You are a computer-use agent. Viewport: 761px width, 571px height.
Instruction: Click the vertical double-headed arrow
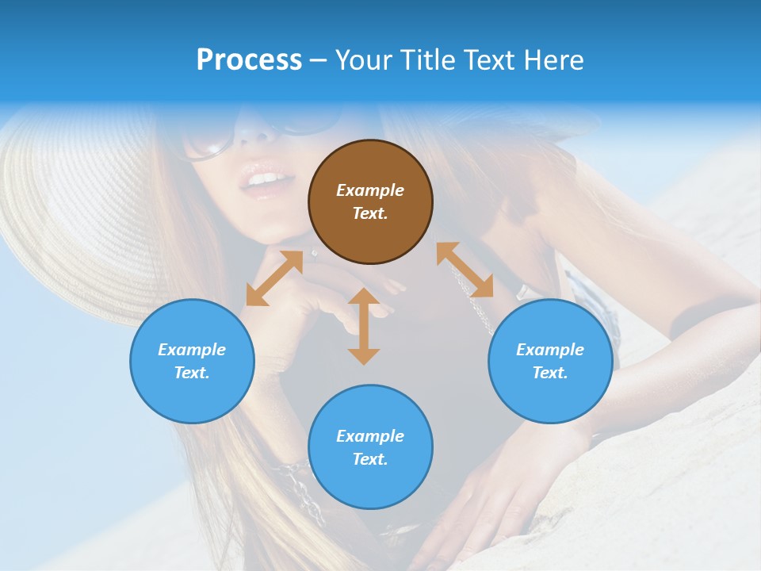pos(364,326)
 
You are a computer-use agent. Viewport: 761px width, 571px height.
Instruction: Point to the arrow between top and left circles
pos(274,278)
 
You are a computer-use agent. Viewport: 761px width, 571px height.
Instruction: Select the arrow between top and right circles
pos(465,270)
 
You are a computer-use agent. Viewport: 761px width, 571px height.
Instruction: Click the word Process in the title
pos(249,59)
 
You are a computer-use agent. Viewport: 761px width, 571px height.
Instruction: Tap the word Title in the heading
pos(427,59)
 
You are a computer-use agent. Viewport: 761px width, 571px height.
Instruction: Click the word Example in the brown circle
pos(370,190)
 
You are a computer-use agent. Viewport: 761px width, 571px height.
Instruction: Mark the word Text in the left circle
pos(192,373)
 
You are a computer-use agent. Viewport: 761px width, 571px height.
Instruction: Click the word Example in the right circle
pos(550,350)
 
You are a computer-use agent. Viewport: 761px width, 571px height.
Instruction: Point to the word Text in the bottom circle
pos(370,459)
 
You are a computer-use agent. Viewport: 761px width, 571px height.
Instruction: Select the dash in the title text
pos(319,59)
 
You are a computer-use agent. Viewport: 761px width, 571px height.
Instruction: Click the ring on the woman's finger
pos(315,254)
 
